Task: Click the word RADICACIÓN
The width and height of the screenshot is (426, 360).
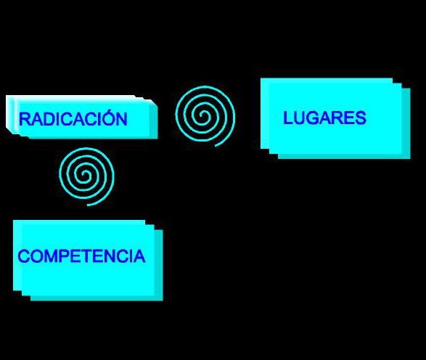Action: (x=73, y=118)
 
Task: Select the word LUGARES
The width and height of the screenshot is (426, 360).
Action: (x=324, y=118)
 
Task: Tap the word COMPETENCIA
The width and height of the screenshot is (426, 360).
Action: (x=81, y=256)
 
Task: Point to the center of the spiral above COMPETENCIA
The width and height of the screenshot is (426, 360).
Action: (x=86, y=174)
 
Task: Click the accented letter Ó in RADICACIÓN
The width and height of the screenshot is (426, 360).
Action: (x=109, y=118)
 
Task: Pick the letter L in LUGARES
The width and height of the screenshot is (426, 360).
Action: (x=288, y=118)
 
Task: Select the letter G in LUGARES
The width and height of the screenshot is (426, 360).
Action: (x=313, y=118)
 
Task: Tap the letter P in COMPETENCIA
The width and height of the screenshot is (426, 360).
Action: (x=63, y=256)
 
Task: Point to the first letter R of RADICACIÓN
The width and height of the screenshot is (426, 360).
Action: (x=25, y=119)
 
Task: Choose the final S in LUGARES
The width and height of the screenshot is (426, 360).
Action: (x=361, y=118)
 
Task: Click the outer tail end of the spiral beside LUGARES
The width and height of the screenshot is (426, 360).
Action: (x=215, y=146)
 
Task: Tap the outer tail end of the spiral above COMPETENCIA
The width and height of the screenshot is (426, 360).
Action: (x=88, y=205)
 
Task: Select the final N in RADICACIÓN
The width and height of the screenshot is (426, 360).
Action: (x=122, y=119)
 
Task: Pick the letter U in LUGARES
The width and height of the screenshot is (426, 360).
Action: (x=300, y=118)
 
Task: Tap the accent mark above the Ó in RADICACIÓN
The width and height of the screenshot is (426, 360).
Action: (x=110, y=110)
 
